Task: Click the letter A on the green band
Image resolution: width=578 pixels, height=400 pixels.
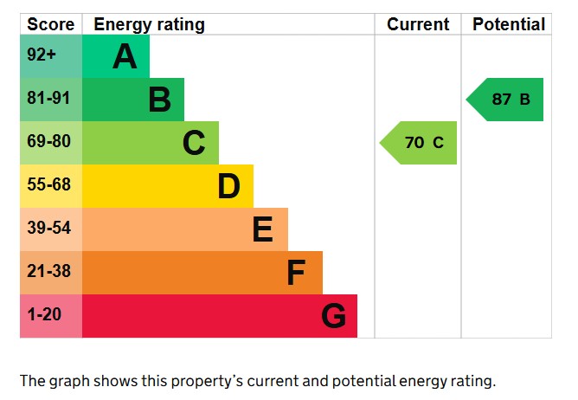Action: [125, 57]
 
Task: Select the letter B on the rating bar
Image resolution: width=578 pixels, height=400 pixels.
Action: [159, 100]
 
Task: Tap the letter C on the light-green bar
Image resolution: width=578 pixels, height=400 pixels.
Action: [194, 143]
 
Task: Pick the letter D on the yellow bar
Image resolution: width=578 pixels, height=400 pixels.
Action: [228, 186]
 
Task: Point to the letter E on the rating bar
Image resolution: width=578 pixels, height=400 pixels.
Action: [263, 229]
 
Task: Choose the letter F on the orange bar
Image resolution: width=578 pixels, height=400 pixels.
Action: [296, 274]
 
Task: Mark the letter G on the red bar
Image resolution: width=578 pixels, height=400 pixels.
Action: [333, 317]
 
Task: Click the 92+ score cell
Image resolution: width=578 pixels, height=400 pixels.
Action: [42, 56]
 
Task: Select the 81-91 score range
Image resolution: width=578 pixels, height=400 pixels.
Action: [48, 99]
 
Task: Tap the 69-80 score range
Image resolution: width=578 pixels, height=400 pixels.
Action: [48, 142]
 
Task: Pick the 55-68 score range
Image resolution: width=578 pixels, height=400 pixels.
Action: [48, 185]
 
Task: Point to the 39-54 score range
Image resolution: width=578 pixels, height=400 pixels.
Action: [48, 229]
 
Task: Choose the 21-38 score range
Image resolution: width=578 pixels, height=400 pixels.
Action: [48, 272]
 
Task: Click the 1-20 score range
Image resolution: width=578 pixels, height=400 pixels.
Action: [45, 315]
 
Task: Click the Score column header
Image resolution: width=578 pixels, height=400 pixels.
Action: [50, 24]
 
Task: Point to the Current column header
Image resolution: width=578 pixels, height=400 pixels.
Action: [418, 24]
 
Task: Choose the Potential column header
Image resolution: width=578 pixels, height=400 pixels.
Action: [509, 24]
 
